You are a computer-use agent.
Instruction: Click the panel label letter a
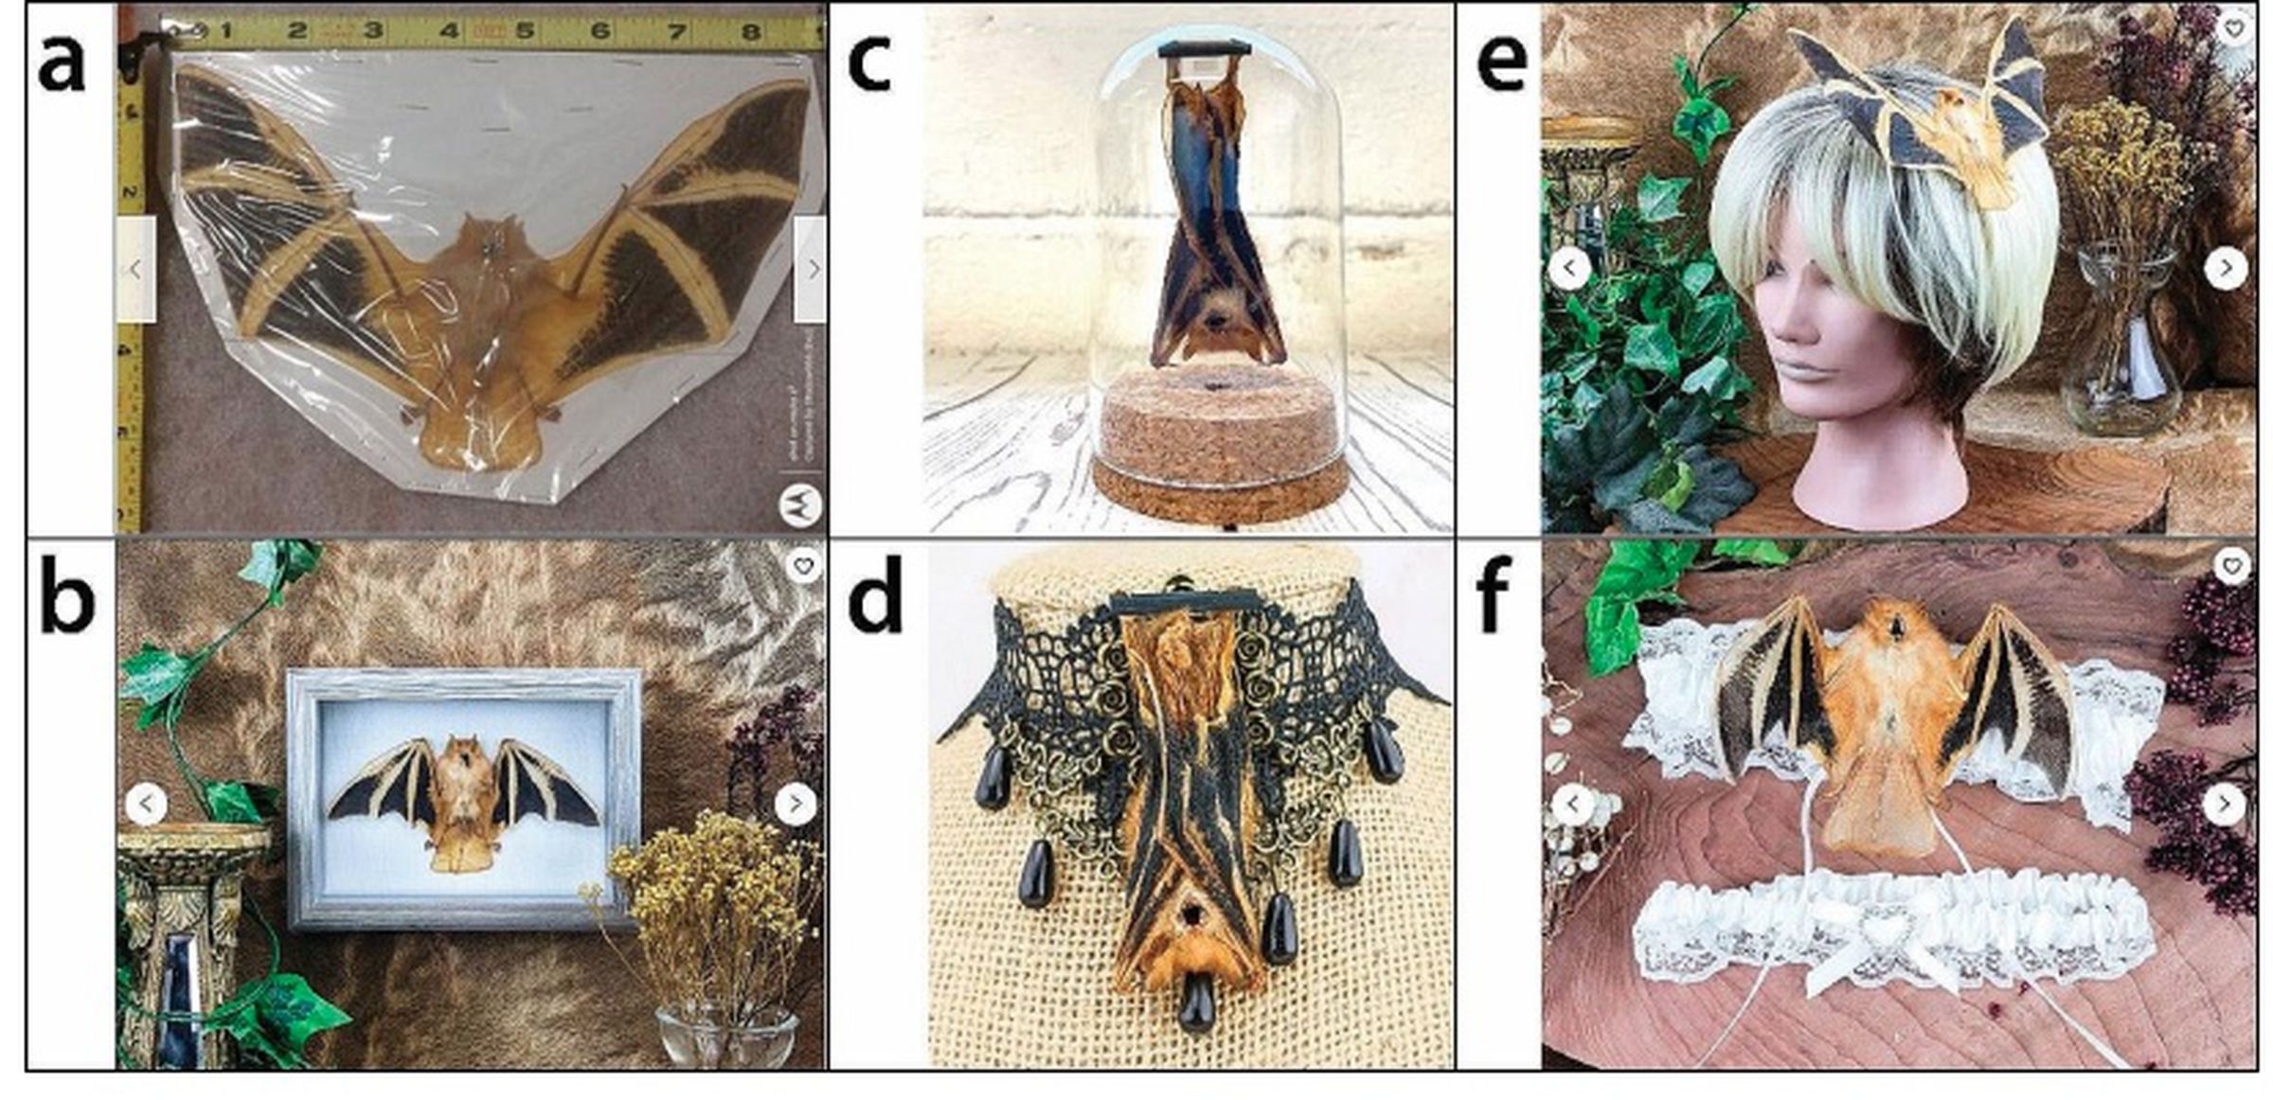[62, 64]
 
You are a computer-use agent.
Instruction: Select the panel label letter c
[868, 62]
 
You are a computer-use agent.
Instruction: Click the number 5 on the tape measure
[524, 30]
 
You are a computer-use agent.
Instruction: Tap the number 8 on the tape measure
[750, 31]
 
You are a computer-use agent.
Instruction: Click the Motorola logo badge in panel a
[799, 505]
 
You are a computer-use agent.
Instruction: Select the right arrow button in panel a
[812, 269]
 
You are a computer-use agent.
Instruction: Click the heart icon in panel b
[803, 566]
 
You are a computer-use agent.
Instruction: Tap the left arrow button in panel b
[146, 804]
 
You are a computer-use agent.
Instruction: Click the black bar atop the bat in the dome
[1204, 48]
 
